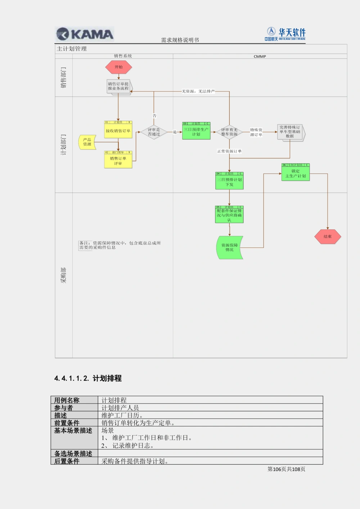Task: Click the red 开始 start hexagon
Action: (118, 67)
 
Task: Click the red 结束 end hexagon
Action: (328, 237)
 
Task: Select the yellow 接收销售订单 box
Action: (118, 131)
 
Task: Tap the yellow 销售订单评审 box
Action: (118, 161)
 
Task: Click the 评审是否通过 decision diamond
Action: (154, 132)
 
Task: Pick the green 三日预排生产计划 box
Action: (196, 132)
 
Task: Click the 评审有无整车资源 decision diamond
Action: (229, 132)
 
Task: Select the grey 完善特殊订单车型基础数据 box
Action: (290, 132)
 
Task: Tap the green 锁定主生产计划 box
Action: (296, 174)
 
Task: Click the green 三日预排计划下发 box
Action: (229, 182)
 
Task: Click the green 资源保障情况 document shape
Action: (229, 247)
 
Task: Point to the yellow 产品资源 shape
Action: (87, 142)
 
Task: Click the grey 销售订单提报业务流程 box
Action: (118, 86)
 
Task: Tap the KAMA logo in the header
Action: (85, 34)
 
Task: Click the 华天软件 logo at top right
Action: (286, 34)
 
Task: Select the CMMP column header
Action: (260, 56)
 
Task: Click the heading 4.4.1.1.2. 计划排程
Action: (88, 378)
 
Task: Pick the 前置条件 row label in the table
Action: (67, 423)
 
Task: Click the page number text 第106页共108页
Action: (286, 469)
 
